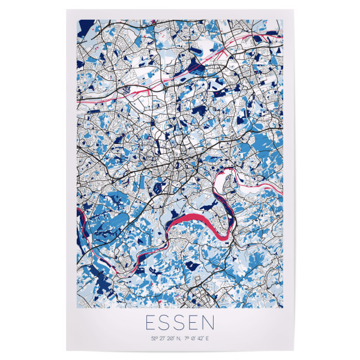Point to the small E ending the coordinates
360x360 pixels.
pyautogui.click(x=209, y=340)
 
